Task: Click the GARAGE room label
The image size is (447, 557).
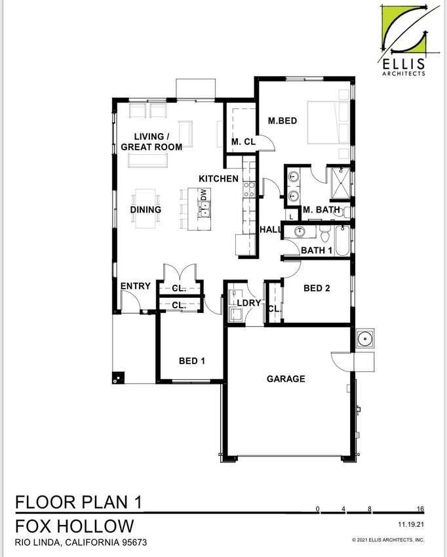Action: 285,379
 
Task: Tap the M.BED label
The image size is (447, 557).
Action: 283,121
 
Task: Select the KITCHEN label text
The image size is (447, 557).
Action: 218,178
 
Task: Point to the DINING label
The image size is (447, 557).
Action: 146,210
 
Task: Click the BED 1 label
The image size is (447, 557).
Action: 192,361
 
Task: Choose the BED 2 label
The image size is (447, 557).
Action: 317,288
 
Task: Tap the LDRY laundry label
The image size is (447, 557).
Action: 249,302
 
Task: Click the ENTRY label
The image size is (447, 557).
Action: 136,286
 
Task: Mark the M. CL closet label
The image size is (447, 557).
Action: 243,142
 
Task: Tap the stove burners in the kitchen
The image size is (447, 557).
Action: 249,190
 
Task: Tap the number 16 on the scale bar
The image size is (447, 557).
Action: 419,509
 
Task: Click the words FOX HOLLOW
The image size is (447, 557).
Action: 75,526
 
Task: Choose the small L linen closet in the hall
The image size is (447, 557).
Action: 290,216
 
